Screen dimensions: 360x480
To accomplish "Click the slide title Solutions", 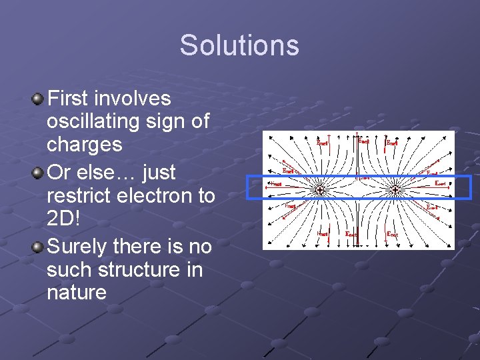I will tap(239, 45).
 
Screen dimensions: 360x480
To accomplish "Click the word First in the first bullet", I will tap(70, 99).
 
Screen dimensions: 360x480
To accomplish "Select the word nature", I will tap(77, 292).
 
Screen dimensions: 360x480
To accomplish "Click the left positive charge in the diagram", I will tap(320, 191).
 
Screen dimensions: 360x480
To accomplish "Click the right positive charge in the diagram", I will tap(395, 191).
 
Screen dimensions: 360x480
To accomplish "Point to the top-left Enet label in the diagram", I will tap(322, 142).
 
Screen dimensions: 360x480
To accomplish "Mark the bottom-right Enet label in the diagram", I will tap(393, 234).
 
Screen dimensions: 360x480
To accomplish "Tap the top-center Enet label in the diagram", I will tap(365, 141).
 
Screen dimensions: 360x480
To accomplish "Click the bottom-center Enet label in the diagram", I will tap(351, 234).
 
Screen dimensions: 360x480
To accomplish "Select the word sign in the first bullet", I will tap(171, 122).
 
